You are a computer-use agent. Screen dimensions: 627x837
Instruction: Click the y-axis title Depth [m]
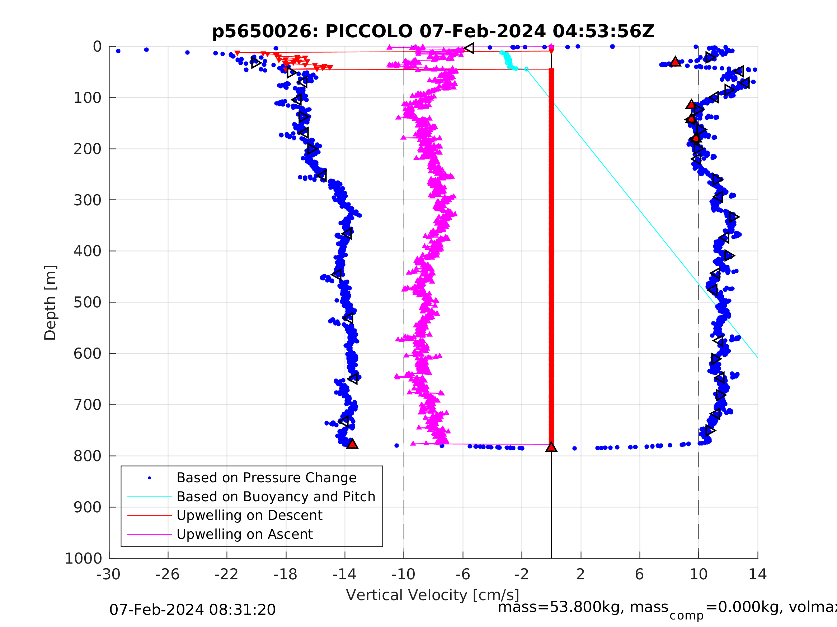click(x=50, y=302)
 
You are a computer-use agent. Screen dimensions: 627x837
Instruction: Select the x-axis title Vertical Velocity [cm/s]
click(x=433, y=595)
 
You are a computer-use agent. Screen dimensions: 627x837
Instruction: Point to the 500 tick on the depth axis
click(x=88, y=302)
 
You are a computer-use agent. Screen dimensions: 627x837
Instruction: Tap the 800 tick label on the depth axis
click(x=88, y=456)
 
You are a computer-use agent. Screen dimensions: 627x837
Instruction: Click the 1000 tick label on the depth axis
click(x=83, y=559)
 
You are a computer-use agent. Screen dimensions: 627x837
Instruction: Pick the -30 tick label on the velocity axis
click(x=109, y=574)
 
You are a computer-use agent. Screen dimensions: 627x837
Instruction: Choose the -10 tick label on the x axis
click(x=403, y=574)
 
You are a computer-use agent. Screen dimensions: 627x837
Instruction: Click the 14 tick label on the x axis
click(x=758, y=574)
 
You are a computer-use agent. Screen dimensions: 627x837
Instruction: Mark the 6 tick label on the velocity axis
click(x=639, y=574)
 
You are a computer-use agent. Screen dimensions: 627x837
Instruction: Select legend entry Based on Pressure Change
click(x=267, y=478)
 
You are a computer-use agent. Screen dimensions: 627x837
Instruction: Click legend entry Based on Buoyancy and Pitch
click(x=276, y=497)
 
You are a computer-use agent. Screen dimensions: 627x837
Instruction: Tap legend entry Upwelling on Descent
click(x=249, y=515)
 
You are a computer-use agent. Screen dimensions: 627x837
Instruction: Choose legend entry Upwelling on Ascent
click(x=244, y=534)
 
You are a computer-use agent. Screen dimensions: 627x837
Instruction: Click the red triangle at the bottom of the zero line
click(x=551, y=447)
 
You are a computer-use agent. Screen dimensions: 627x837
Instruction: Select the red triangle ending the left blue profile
click(x=352, y=444)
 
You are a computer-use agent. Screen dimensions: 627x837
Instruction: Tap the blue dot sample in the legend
click(x=150, y=478)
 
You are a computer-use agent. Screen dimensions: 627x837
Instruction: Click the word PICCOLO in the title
click(x=369, y=32)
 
